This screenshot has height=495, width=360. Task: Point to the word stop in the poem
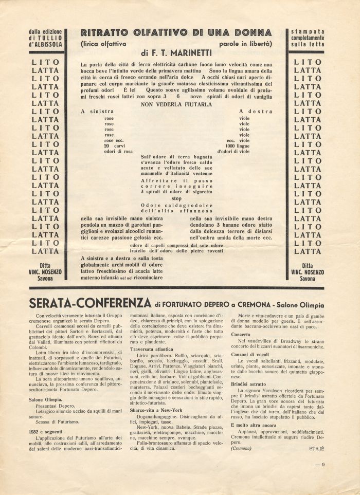tap(176, 198)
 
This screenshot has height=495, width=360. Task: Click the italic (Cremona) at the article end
tap(241, 448)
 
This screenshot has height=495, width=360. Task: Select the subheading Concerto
tap(241, 334)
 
